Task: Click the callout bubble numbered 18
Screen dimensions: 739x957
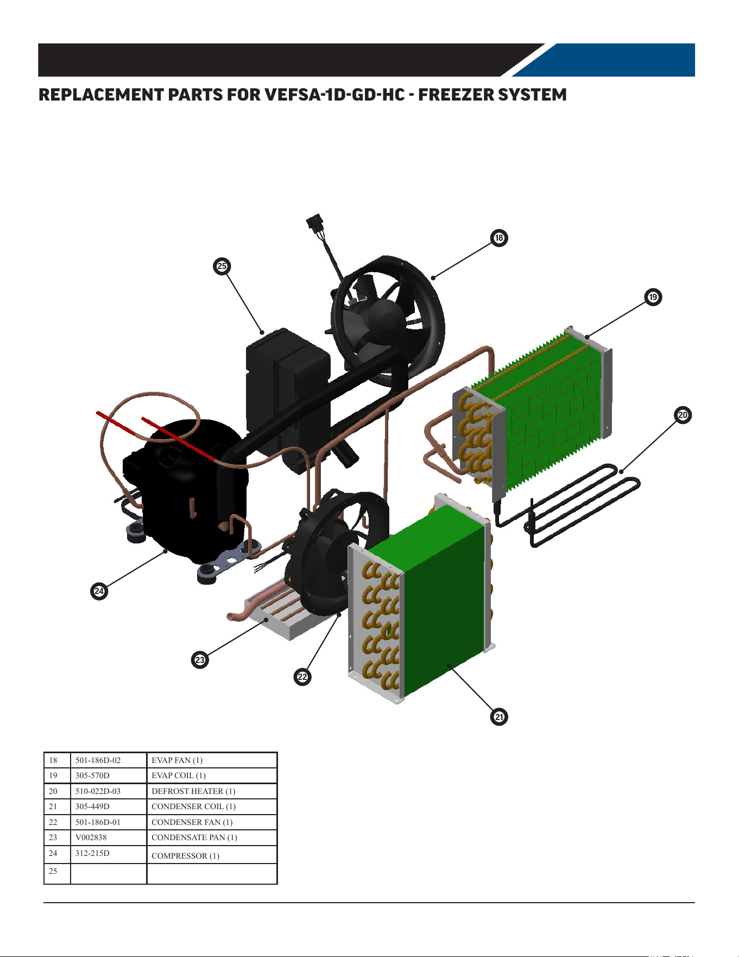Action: [x=499, y=237]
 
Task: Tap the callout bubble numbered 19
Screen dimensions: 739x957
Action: [x=653, y=297]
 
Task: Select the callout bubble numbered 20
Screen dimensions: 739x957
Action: [x=683, y=415]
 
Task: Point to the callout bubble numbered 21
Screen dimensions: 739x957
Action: [x=499, y=716]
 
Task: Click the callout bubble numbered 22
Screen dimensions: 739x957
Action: [x=302, y=677]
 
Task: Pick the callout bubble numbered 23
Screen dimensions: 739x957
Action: [x=200, y=660]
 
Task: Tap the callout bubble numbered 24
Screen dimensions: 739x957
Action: [x=99, y=591]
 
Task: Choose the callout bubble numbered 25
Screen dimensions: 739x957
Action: [x=222, y=266]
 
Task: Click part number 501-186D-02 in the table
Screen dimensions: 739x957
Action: [x=98, y=760]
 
